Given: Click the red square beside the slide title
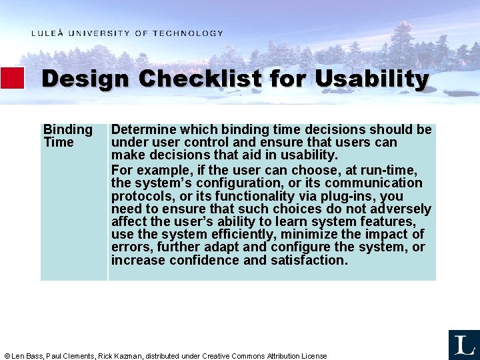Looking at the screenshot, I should click(12, 78).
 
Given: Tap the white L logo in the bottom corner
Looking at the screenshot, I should click(463, 345).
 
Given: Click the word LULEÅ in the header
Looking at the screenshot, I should click(47, 33).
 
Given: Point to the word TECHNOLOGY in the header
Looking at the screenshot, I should click(188, 33).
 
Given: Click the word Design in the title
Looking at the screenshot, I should click(85, 79).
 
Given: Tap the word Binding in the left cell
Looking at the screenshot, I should click(67, 129).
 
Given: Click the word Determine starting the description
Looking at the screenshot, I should click(141, 129).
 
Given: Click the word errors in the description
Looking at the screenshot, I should click(129, 247).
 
